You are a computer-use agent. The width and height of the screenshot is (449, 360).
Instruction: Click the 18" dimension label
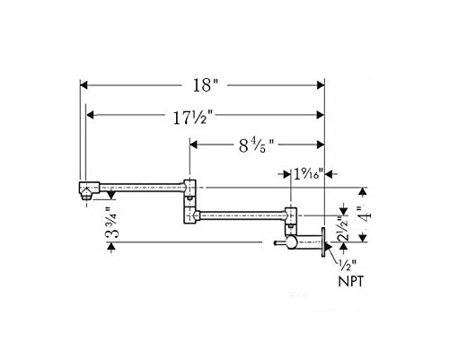coord(206,85)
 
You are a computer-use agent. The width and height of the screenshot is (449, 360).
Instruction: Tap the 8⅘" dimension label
coord(256,146)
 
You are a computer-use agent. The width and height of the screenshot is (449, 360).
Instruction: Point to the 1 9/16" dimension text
coord(308,174)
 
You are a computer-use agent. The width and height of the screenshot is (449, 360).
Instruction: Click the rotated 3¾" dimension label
coord(112,223)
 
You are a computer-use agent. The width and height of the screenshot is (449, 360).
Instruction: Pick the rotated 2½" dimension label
coord(343,229)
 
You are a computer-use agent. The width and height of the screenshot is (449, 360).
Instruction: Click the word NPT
coord(351,282)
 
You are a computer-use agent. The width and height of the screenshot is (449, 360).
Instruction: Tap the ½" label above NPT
coord(348,266)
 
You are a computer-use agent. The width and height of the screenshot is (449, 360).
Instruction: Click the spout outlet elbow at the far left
coord(89,190)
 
